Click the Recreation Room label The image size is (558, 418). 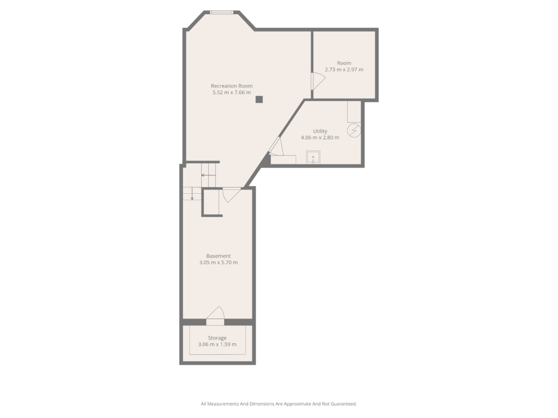(x=232, y=86)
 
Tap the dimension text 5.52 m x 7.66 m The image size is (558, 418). (x=232, y=93)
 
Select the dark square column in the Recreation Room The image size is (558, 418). (x=259, y=100)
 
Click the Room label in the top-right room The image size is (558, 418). (x=344, y=63)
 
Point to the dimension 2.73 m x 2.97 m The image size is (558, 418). (x=344, y=70)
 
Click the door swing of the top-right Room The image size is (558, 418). (x=318, y=81)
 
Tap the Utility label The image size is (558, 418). (x=320, y=131)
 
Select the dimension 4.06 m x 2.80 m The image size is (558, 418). (x=320, y=138)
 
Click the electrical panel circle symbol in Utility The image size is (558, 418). (x=354, y=131)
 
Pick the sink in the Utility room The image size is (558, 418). (x=313, y=157)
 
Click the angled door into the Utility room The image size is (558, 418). (x=276, y=146)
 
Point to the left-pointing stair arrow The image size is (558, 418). (x=208, y=175)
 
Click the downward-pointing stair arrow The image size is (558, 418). (x=192, y=193)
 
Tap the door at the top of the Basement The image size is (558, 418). (x=231, y=195)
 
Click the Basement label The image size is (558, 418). (x=219, y=256)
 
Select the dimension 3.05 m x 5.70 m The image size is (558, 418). (x=219, y=263)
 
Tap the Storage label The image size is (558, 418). (x=217, y=338)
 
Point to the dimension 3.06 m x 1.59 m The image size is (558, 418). (x=217, y=345)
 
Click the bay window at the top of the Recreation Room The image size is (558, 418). (x=221, y=13)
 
